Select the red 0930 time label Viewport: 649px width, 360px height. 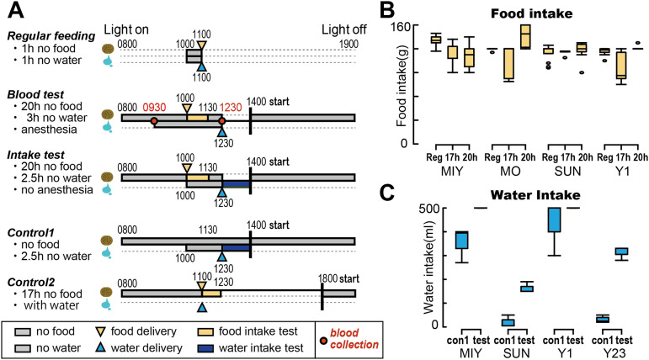pyautogui.click(x=155, y=108)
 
